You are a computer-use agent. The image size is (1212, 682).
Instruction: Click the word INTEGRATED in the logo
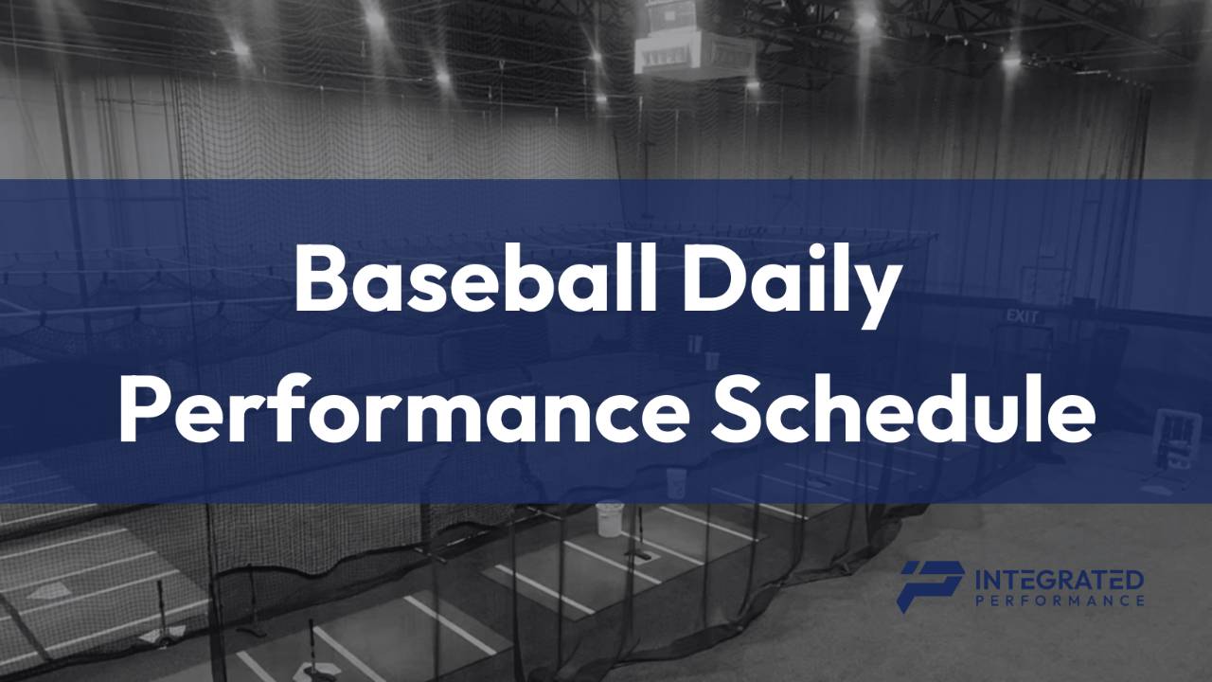[1059, 579]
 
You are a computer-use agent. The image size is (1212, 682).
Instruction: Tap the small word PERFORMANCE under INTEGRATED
[1059, 601]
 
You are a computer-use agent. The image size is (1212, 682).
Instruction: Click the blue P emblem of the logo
[930, 583]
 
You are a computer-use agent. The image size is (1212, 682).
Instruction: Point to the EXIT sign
[1023, 316]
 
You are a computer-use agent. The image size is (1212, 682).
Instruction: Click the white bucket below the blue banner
[610, 518]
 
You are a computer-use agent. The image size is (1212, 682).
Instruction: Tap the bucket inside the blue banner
[675, 478]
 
